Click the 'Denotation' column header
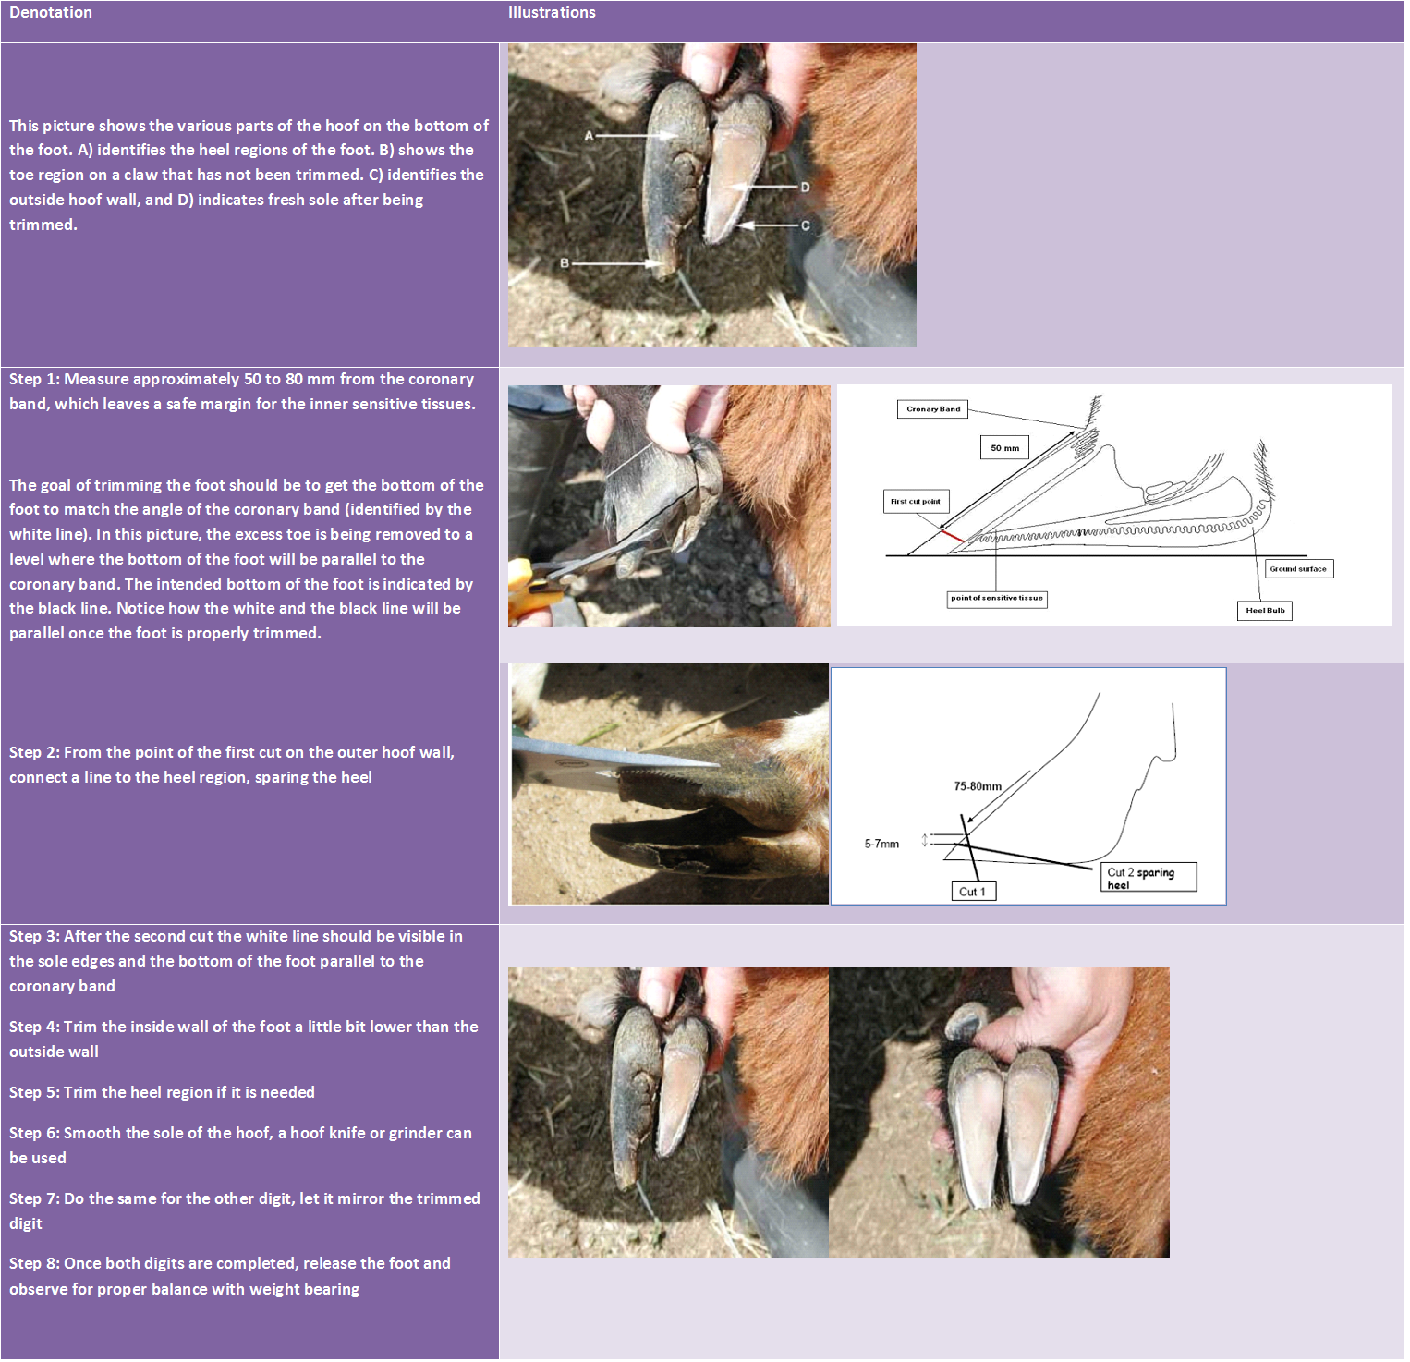click(x=51, y=13)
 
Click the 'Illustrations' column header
click(x=552, y=13)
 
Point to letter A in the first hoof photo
click(x=589, y=136)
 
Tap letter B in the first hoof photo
click(x=565, y=263)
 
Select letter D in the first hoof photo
click(x=805, y=188)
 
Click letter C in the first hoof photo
click(x=805, y=225)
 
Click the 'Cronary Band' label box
click(x=932, y=409)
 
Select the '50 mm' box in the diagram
click(x=1004, y=448)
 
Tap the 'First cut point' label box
click(x=915, y=502)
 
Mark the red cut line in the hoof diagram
click(x=952, y=536)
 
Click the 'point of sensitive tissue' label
click(x=996, y=599)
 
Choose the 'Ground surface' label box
click(x=1298, y=569)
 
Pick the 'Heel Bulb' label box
click(x=1265, y=611)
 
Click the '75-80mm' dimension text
click(x=978, y=786)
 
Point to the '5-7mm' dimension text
click(x=881, y=844)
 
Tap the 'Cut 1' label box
click(x=973, y=892)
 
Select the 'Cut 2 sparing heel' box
click(x=1149, y=878)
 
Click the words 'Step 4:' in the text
click(x=34, y=1027)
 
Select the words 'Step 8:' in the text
click(x=34, y=1263)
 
